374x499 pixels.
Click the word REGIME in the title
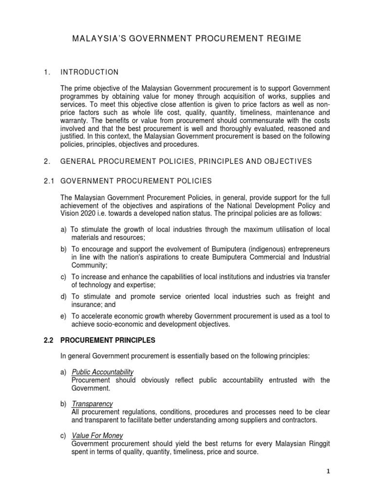point(285,39)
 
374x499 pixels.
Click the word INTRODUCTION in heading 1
point(89,72)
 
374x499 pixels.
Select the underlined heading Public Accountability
point(102,372)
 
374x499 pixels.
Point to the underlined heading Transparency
point(92,404)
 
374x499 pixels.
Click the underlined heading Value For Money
point(97,436)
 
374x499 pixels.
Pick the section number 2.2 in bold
point(50,340)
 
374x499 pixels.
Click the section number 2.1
point(50,181)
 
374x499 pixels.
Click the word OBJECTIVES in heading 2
point(282,161)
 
